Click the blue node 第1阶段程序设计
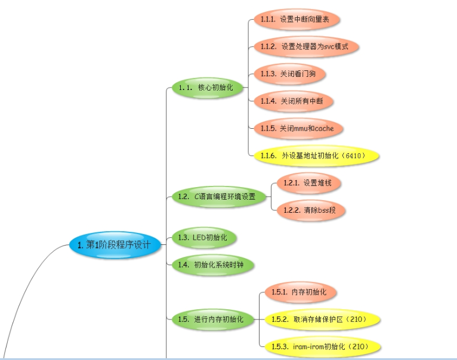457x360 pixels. (118, 244)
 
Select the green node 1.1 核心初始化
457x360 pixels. (203, 88)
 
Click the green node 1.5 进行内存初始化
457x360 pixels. (211, 319)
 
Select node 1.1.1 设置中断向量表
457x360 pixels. (296, 19)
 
